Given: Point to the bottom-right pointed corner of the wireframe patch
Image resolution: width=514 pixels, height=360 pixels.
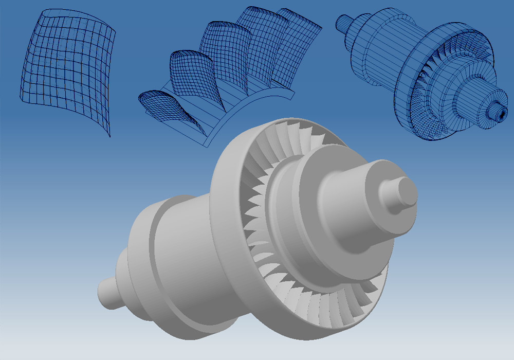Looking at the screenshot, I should click(x=109, y=136).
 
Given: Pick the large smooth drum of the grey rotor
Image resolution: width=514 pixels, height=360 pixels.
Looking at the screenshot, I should click(x=175, y=242).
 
